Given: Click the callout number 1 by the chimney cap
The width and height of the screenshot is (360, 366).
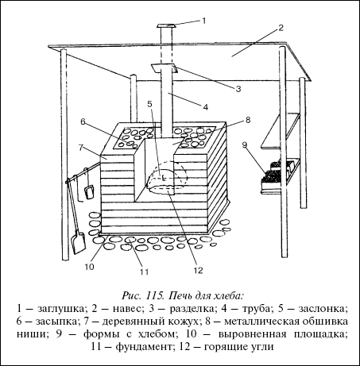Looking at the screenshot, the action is pyautogui.click(x=204, y=21).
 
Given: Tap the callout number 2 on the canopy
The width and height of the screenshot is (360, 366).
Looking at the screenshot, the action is pyautogui.click(x=281, y=28).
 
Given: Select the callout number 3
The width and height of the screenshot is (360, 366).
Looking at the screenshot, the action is pyautogui.click(x=238, y=89).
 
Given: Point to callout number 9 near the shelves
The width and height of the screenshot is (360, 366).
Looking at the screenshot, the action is pyautogui.click(x=245, y=144).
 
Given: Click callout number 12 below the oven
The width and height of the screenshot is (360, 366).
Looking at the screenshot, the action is pyautogui.click(x=198, y=270).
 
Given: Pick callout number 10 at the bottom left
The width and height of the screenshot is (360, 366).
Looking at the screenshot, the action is pyautogui.click(x=89, y=267).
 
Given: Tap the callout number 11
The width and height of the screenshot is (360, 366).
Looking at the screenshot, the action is pyautogui.click(x=145, y=272).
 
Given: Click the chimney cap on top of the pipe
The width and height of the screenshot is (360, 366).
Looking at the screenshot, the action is pyautogui.click(x=166, y=25).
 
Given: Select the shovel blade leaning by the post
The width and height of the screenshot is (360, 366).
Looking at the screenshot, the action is pyautogui.click(x=79, y=241).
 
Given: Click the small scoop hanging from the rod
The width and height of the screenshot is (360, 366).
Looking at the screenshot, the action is pyautogui.click(x=89, y=191).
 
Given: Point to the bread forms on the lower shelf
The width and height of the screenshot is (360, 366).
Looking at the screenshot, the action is pyautogui.click(x=277, y=172).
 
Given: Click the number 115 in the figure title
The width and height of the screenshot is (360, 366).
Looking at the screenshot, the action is pyautogui.click(x=153, y=295).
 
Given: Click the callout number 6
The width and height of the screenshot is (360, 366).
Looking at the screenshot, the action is pyautogui.click(x=83, y=121).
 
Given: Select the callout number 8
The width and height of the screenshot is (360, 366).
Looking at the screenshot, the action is pyautogui.click(x=248, y=120).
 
